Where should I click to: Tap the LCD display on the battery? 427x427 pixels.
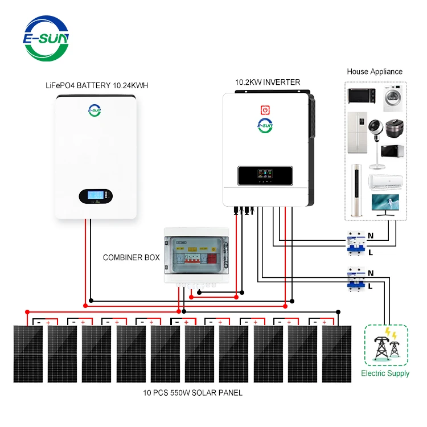point(96,196)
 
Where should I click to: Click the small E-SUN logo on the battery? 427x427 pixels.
point(95,110)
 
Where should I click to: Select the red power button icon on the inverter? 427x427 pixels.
point(265,109)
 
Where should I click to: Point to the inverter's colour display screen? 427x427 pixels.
point(265,175)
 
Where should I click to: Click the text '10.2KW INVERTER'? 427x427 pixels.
point(268,83)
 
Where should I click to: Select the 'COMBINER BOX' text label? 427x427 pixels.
point(131,258)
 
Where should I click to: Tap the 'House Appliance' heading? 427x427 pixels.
point(375,72)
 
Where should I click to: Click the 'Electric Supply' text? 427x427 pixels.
point(385,373)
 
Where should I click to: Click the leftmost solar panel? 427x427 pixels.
point(28,353)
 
